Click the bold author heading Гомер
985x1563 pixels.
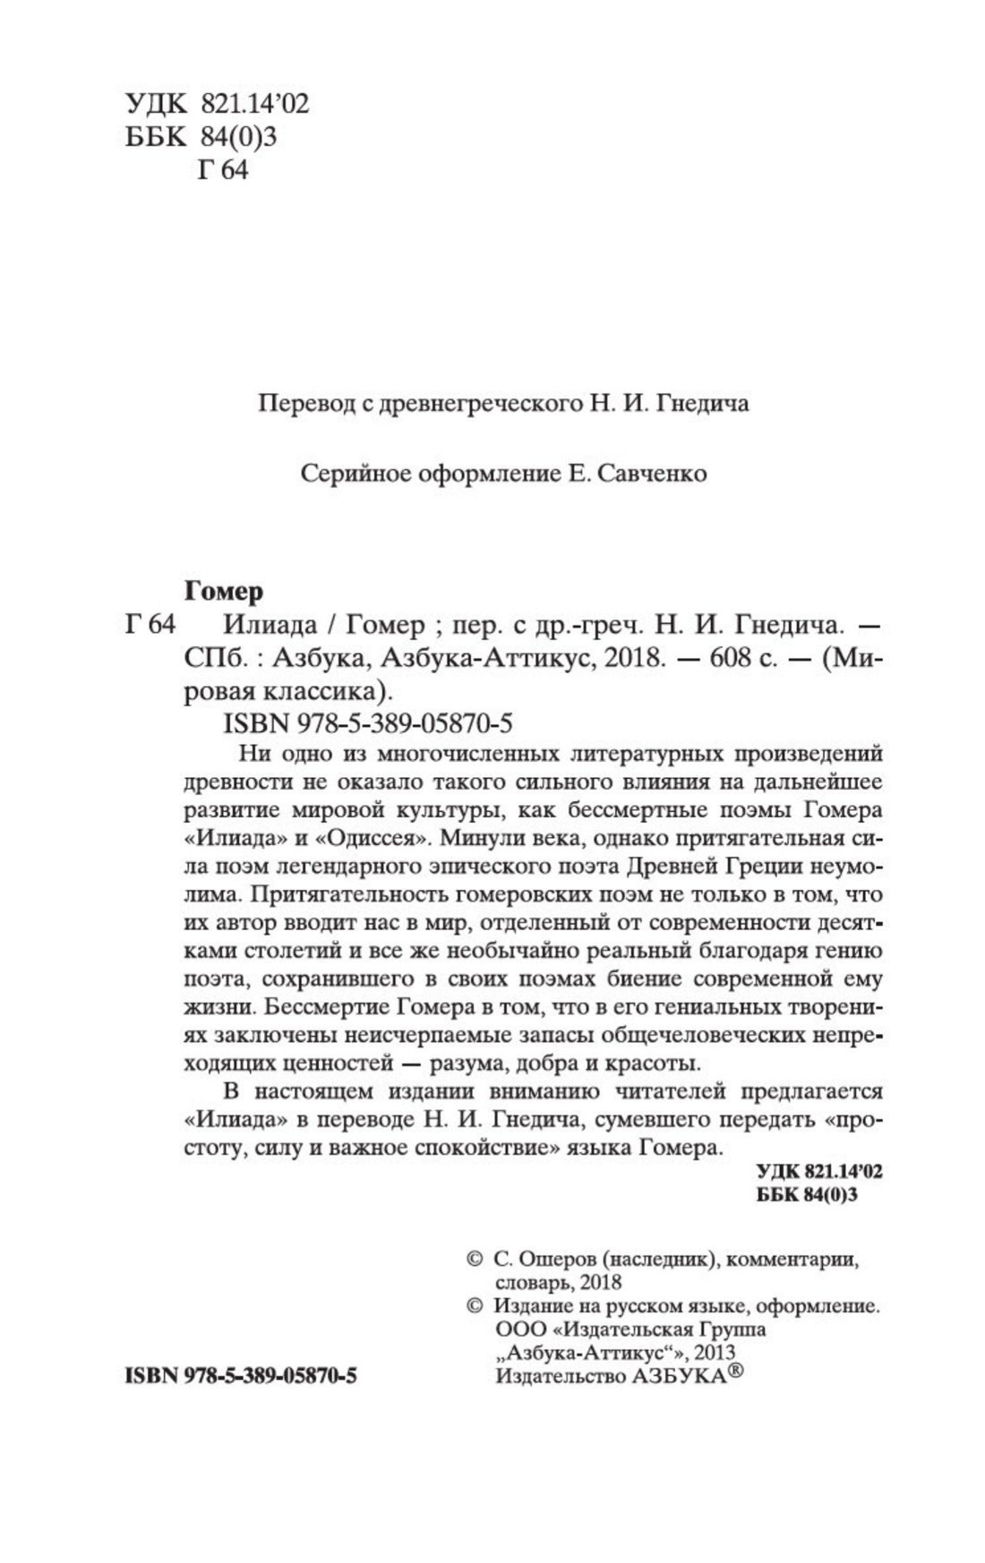pos(224,592)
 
